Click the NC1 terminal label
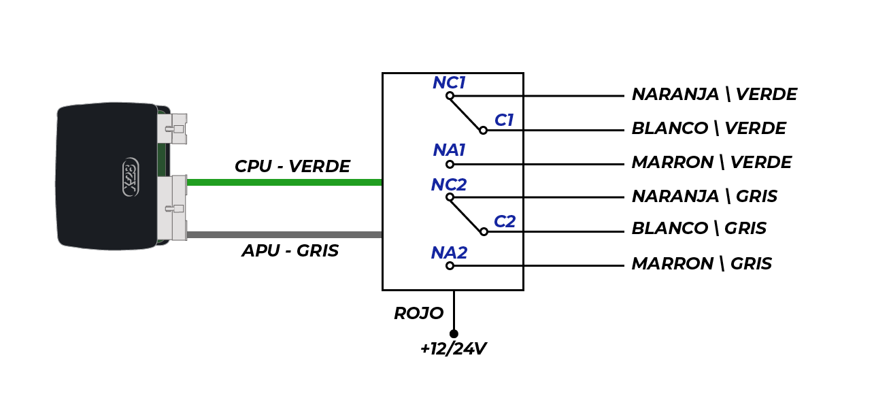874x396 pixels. pyautogui.click(x=449, y=83)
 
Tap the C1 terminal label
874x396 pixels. pyautogui.click(x=504, y=120)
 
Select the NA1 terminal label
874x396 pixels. pyautogui.click(x=449, y=150)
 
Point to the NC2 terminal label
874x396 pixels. pyautogui.click(x=449, y=184)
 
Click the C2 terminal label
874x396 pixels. pyautogui.click(x=505, y=222)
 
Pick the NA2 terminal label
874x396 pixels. pyautogui.click(x=449, y=253)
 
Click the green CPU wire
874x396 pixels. pyautogui.click(x=284, y=182)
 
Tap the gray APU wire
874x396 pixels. pyautogui.click(x=284, y=235)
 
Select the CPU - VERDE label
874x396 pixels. pyautogui.click(x=292, y=166)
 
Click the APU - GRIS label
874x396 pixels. pyautogui.click(x=290, y=250)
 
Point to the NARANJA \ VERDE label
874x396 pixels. pyautogui.click(x=714, y=95)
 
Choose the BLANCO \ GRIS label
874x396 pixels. pyautogui.click(x=699, y=228)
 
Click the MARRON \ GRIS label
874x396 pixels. pyautogui.click(x=701, y=264)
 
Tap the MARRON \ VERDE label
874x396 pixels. pyautogui.click(x=711, y=163)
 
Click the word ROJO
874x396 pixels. pyautogui.click(x=419, y=313)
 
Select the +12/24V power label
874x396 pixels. pyautogui.click(x=454, y=349)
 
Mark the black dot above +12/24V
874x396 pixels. pyautogui.click(x=454, y=334)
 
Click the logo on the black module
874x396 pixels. pyautogui.click(x=131, y=177)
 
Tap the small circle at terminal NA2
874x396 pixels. pyautogui.click(x=450, y=266)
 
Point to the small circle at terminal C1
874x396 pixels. pyautogui.click(x=484, y=131)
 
